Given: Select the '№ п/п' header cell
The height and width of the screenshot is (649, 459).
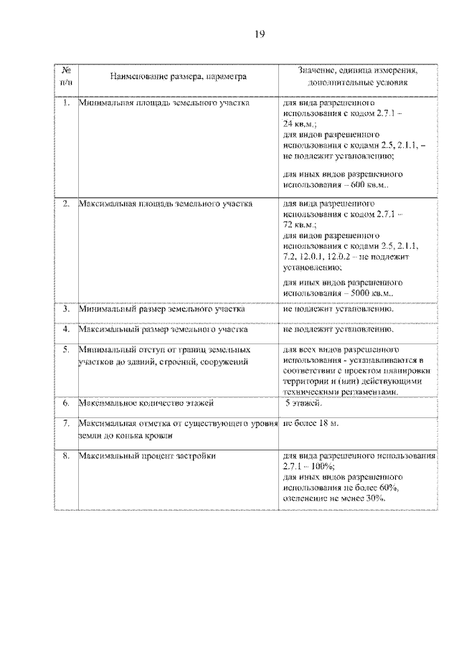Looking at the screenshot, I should [x=66, y=76].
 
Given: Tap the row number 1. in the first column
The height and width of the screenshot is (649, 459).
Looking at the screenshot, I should [x=65, y=103].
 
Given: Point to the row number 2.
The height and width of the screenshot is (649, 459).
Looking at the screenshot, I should [x=65, y=204].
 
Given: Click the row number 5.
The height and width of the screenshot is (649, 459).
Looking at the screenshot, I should [x=65, y=349].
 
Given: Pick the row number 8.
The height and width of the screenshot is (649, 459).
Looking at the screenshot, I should [x=65, y=455].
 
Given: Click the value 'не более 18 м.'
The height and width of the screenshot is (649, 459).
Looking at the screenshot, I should [x=311, y=424].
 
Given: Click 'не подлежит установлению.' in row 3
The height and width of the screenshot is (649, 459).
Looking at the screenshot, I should [x=339, y=310].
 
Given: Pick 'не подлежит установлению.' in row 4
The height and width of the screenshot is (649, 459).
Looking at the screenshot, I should [x=339, y=330].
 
